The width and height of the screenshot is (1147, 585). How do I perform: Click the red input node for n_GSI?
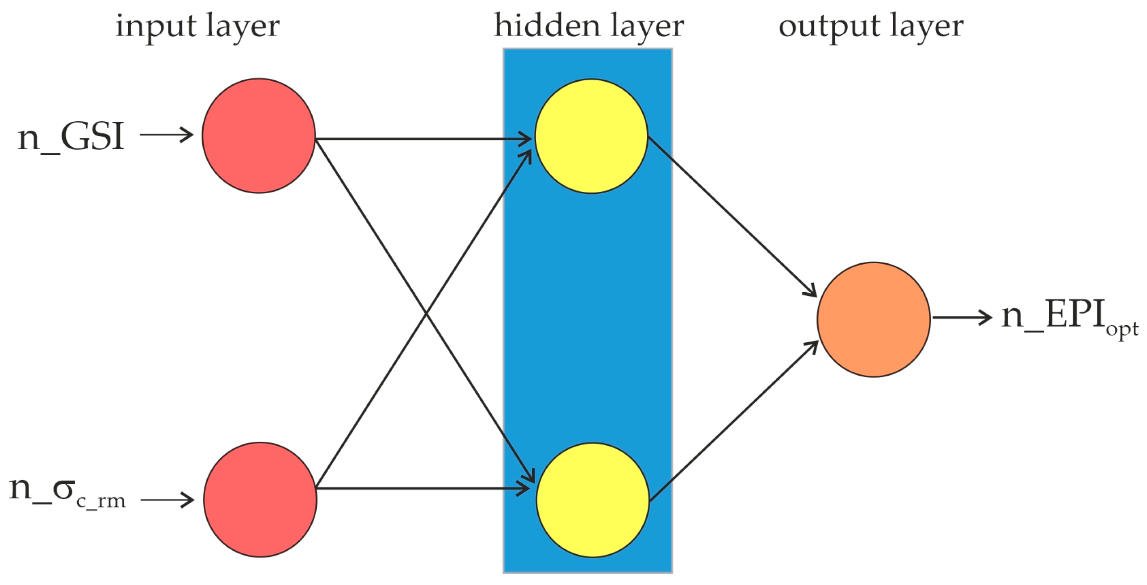pyautogui.click(x=259, y=136)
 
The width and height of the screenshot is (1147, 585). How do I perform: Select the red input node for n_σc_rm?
pyautogui.click(x=260, y=499)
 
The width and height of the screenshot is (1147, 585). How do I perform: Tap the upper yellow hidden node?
pyautogui.click(x=591, y=136)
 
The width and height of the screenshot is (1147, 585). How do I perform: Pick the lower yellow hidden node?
pyautogui.click(x=592, y=500)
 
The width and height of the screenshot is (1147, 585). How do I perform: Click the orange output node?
pyautogui.click(x=873, y=319)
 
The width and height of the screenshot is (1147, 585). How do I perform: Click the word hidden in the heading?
pyautogui.click(x=547, y=26)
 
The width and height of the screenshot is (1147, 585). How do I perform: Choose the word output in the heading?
pyautogui.click(x=828, y=27)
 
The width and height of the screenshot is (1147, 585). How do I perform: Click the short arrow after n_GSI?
pyautogui.click(x=166, y=134)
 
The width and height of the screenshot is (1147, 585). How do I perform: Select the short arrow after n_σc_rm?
pyautogui.click(x=167, y=499)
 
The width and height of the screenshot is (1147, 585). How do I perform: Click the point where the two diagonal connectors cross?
pyautogui.click(x=426, y=314)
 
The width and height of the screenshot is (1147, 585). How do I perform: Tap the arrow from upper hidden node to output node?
pyautogui.click(x=733, y=216)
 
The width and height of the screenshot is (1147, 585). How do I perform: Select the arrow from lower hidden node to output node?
pyautogui.click(x=733, y=422)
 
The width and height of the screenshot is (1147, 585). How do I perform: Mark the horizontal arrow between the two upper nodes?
pyautogui.click(x=422, y=139)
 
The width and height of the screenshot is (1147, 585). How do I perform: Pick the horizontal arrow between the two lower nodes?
pyautogui.click(x=422, y=489)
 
